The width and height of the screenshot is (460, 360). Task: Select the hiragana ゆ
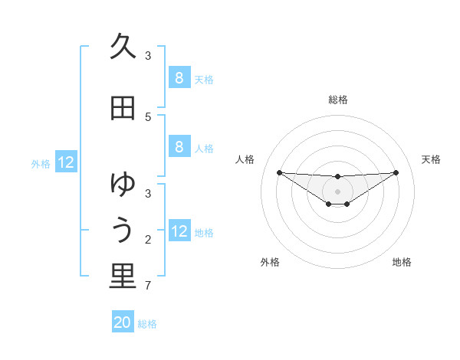(123, 185)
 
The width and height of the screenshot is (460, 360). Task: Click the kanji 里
(123, 277)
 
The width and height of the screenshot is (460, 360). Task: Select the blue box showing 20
(123, 322)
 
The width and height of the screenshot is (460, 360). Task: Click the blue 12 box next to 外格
(66, 162)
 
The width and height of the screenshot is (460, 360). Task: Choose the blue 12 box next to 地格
(179, 231)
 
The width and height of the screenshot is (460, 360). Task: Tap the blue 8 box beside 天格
(179, 78)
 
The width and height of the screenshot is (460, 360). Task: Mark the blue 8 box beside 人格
(179, 147)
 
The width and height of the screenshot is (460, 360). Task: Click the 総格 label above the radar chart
(337, 100)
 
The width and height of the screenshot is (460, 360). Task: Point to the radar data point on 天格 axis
(396, 172)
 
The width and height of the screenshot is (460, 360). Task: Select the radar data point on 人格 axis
(279, 172)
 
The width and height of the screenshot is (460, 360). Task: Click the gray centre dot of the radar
(337, 191)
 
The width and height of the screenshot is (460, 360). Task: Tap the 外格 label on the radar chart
(269, 262)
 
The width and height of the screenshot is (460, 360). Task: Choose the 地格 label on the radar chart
(402, 262)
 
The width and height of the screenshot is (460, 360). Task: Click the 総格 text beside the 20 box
(147, 324)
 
